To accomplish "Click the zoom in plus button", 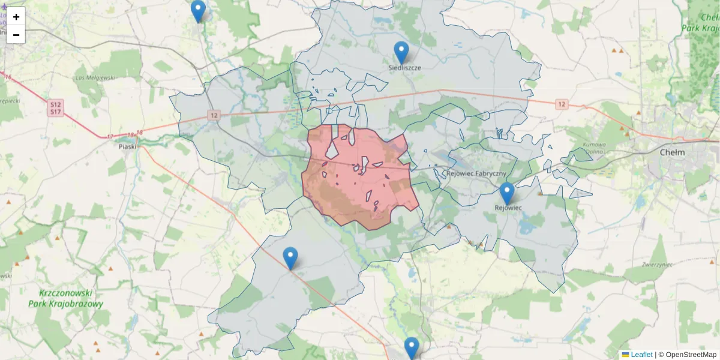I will [x=16, y=16].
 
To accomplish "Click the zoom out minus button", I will [x=16, y=35].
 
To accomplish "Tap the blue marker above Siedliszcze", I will [x=401, y=52].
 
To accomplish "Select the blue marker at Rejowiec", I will [x=507, y=193].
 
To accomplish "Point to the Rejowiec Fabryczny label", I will [x=476, y=173].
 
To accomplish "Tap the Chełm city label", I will [x=671, y=152].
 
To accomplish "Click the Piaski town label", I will [x=127, y=146].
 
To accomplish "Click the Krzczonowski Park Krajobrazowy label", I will [x=65, y=298].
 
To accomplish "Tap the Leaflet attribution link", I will [x=641, y=355].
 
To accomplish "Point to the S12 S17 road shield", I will [x=55, y=108].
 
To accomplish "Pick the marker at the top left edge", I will [x=198, y=11].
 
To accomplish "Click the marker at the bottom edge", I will [x=411, y=348].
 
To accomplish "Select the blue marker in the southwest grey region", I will [x=290, y=258].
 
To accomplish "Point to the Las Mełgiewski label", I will [x=95, y=77].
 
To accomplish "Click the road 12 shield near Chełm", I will [x=561, y=104].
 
